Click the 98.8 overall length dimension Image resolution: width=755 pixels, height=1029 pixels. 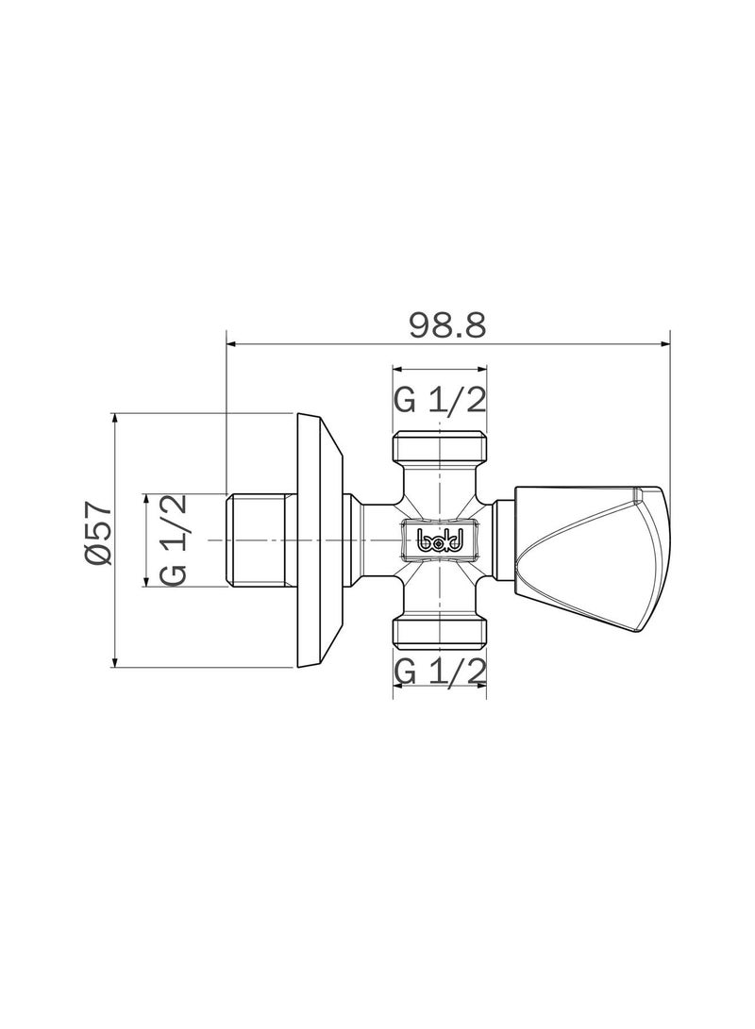[x=447, y=324]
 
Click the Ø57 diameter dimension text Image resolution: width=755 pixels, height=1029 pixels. [x=98, y=534]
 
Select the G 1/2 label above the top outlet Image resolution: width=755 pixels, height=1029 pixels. [x=440, y=400]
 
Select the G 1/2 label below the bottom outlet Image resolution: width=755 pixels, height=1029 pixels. [x=440, y=672]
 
